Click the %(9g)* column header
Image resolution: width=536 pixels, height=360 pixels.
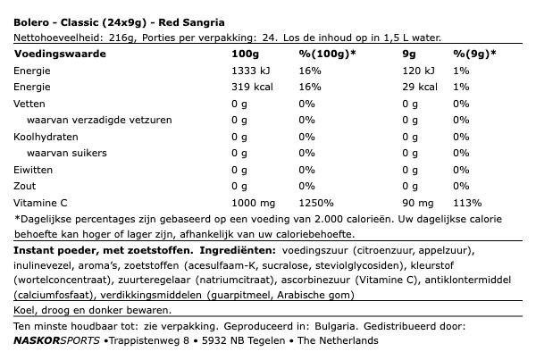click(x=474, y=54)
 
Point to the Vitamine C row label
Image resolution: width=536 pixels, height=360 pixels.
click(x=41, y=202)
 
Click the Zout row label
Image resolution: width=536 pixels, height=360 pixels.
click(x=26, y=186)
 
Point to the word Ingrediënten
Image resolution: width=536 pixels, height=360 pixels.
click(x=239, y=250)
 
